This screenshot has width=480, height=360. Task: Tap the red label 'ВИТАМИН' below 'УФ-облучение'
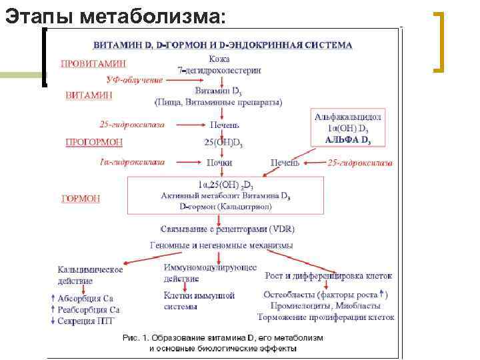[x=89, y=95]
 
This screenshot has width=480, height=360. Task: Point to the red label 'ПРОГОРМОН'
[x=93, y=142]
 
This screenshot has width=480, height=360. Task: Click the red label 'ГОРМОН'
[x=81, y=198]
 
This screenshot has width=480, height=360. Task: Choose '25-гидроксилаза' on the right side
[x=360, y=163]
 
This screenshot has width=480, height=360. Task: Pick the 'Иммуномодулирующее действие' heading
[x=210, y=273]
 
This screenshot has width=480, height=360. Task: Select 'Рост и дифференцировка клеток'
[x=328, y=275]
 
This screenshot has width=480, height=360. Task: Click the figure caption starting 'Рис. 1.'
[x=223, y=343]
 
